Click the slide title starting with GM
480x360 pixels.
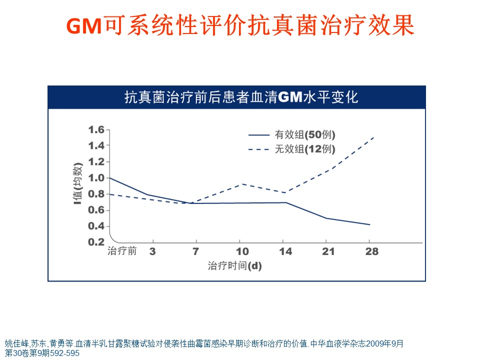(x=240, y=25)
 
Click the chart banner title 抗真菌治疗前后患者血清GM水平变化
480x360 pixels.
(x=241, y=97)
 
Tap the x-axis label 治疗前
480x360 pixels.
(x=122, y=251)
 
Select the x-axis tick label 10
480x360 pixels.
(x=242, y=251)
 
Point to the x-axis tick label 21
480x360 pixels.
(x=327, y=251)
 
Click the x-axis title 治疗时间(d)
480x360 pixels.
(x=235, y=266)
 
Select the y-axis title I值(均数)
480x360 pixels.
(x=77, y=185)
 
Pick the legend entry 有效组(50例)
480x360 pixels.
(x=304, y=134)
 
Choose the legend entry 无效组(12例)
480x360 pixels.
(x=304, y=149)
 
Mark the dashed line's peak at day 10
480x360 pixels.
(x=242, y=184)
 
